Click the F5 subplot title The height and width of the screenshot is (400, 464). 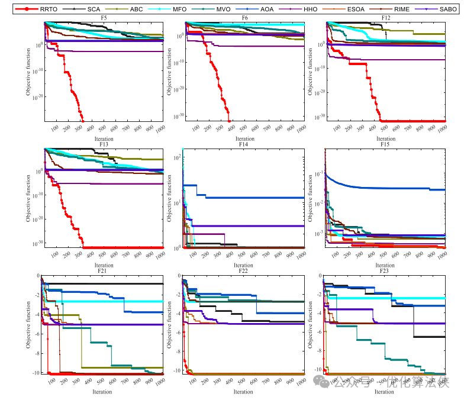coord(104,18)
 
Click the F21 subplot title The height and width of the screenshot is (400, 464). coord(104,271)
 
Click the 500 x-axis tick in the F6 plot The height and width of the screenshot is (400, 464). coord(243,128)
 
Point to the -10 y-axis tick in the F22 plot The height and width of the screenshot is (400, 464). coord(176,370)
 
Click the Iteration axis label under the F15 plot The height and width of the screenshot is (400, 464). coord(385,265)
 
